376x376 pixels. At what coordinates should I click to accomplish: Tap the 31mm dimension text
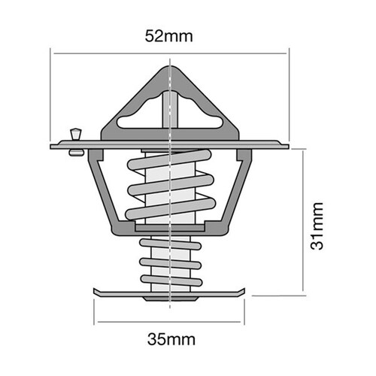(319, 225)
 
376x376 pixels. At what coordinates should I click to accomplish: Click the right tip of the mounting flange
(287, 144)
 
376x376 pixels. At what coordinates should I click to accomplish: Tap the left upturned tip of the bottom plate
(96, 290)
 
